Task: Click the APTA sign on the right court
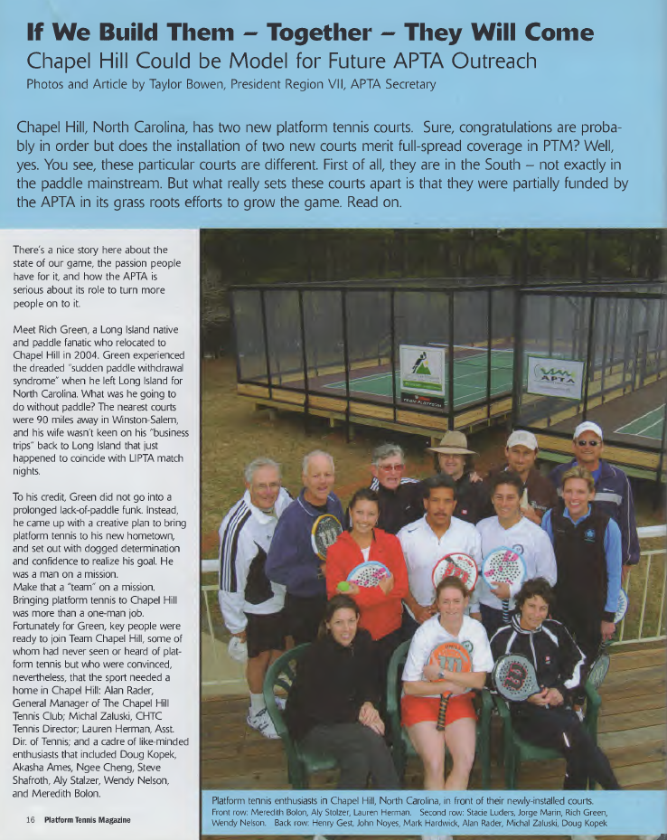(x=555, y=378)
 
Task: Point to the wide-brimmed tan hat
(x=451, y=442)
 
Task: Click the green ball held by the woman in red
(x=343, y=586)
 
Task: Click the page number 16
(x=30, y=819)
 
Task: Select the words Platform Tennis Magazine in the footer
(x=88, y=819)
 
